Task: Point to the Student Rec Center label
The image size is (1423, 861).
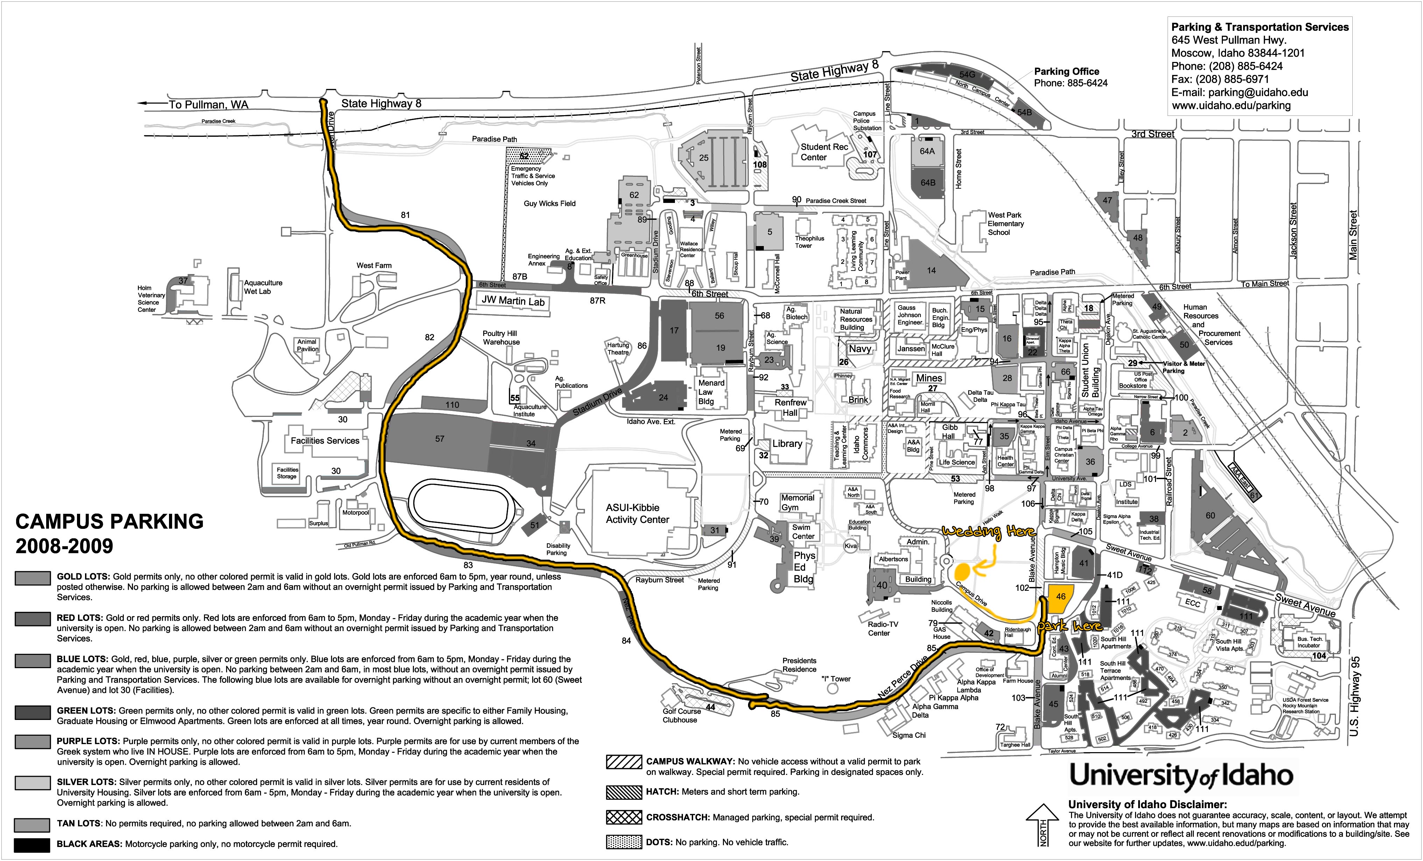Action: [824, 152]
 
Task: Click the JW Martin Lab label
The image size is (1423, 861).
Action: [513, 301]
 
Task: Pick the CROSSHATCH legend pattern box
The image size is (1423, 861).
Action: [624, 817]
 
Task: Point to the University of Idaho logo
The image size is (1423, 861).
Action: [1181, 776]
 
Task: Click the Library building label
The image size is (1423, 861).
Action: [787, 444]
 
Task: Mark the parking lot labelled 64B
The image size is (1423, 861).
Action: [928, 183]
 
